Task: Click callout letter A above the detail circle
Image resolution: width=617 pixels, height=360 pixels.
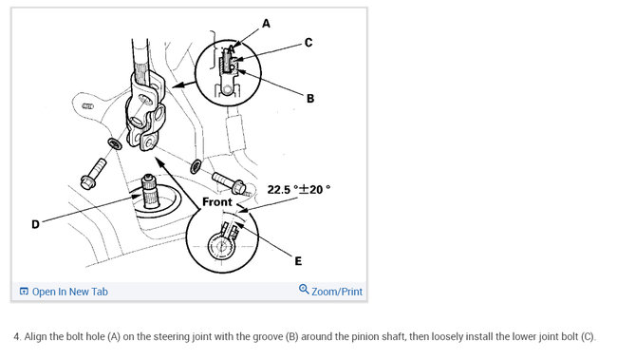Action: point(267,24)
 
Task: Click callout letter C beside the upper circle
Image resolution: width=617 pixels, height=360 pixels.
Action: point(308,43)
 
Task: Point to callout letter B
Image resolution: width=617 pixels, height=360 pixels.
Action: point(310,99)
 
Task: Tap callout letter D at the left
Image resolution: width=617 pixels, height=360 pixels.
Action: point(35,224)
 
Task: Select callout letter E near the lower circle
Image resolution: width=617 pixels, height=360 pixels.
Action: point(298,261)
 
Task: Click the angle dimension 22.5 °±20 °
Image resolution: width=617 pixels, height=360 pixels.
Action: point(299,189)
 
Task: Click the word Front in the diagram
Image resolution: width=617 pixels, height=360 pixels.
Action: point(217,202)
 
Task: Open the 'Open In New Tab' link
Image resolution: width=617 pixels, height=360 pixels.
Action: point(69,292)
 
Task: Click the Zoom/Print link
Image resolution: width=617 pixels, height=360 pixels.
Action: point(337,292)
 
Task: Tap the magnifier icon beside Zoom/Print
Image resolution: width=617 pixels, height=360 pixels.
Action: point(304,290)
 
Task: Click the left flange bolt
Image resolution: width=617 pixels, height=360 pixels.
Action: point(93,173)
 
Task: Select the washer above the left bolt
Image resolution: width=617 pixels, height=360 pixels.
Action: point(115,143)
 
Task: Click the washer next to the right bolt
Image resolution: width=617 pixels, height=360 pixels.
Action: point(196,166)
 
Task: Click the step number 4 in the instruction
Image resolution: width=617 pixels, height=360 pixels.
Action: point(17,337)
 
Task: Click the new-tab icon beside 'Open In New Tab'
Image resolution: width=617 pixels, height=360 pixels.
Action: point(24,292)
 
